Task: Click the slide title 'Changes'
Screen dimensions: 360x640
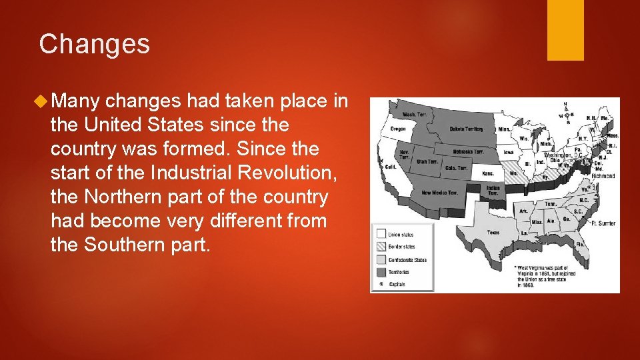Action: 94,45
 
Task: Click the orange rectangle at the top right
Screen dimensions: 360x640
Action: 565,30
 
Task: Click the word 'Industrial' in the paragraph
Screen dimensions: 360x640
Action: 187,173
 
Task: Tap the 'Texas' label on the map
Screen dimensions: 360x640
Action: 493,233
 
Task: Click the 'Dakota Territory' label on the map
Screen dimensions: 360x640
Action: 466,129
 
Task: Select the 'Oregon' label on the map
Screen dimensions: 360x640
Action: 397,129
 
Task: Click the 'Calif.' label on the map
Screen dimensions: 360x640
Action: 391,167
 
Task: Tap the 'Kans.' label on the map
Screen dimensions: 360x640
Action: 489,173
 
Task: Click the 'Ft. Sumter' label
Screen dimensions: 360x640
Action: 603,223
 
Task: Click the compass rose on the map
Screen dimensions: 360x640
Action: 565,113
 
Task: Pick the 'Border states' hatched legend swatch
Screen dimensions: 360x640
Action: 381,247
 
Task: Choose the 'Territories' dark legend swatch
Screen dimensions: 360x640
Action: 381,271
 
